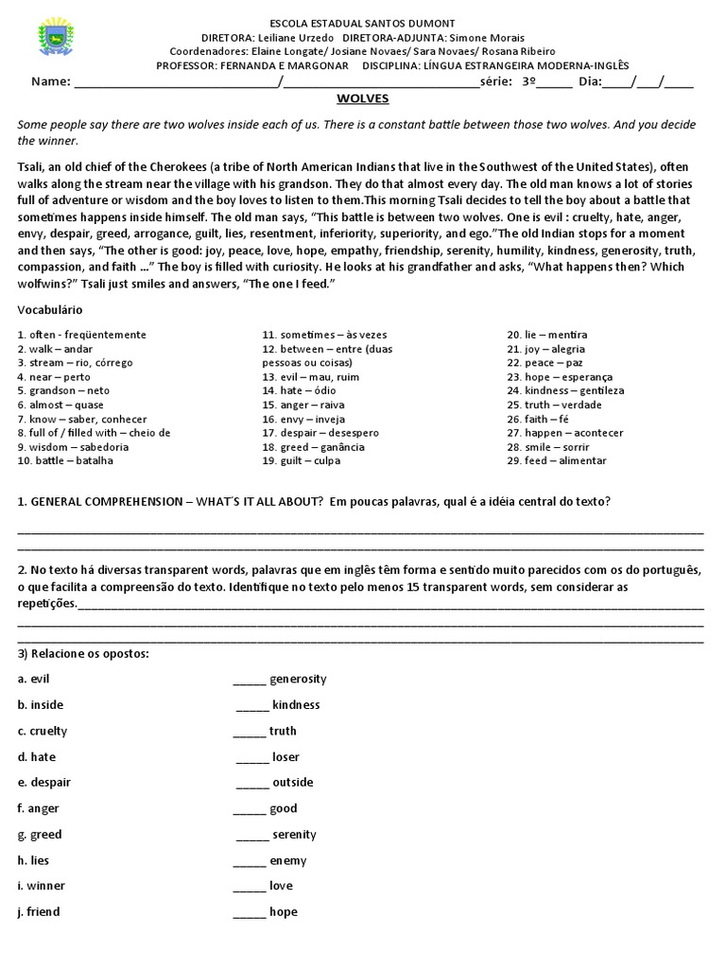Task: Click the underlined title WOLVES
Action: tap(363, 98)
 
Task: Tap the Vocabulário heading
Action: tap(50, 310)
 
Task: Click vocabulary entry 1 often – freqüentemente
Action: tap(81, 335)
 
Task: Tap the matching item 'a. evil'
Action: tap(32, 679)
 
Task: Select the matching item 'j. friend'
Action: tap(38, 911)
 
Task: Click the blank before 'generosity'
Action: tap(249, 679)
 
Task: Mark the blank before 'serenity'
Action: tap(251, 834)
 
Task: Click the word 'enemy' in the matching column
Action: tap(288, 860)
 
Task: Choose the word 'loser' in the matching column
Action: tap(285, 756)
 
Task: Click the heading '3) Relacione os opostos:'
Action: tap(83, 654)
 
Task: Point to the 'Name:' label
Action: tap(50, 81)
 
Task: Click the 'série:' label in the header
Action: tap(498, 81)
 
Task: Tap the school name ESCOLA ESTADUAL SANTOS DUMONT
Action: tap(363, 23)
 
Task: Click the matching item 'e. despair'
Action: tap(43, 783)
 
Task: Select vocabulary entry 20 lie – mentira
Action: tap(546, 335)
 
